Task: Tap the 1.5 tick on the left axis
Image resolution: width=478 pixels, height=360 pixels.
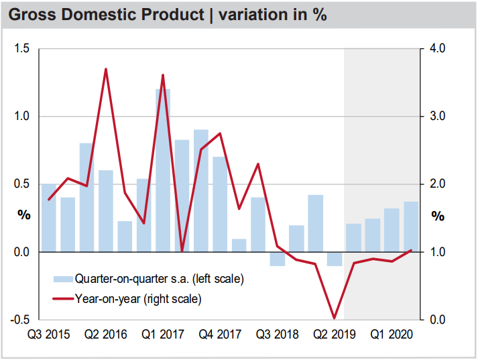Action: coord(23,49)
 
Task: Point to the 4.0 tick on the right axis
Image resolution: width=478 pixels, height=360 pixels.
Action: coord(437,49)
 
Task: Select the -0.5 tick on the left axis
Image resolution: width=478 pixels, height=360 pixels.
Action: coord(21,320)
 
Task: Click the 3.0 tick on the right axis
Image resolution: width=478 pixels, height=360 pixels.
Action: coord(437,117)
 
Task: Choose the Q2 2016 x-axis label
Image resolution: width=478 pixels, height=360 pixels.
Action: coord(105,333)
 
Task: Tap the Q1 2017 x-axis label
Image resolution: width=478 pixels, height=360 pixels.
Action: coord(163,333)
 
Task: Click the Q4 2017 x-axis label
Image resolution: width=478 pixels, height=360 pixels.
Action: coord(221,333)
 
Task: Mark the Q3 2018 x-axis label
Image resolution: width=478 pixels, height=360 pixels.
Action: coord(278,333)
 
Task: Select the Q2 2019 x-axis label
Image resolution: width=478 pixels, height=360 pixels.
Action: coord(335,333)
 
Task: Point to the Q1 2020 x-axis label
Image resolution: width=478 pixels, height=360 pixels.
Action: coord(392,333)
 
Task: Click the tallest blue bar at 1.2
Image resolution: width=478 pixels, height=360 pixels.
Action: coord(163,170)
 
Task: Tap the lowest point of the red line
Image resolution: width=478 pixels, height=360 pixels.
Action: coord(335,318)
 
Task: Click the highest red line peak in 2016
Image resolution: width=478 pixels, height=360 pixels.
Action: coord(106,69)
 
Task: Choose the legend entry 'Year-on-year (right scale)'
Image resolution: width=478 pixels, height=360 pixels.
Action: coord(138,298)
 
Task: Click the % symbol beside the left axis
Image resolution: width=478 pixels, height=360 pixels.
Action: coord(24,216)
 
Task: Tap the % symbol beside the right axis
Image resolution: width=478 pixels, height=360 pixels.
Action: coord(438,216)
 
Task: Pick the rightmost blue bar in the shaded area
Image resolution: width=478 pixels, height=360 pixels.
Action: coord(411,227)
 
